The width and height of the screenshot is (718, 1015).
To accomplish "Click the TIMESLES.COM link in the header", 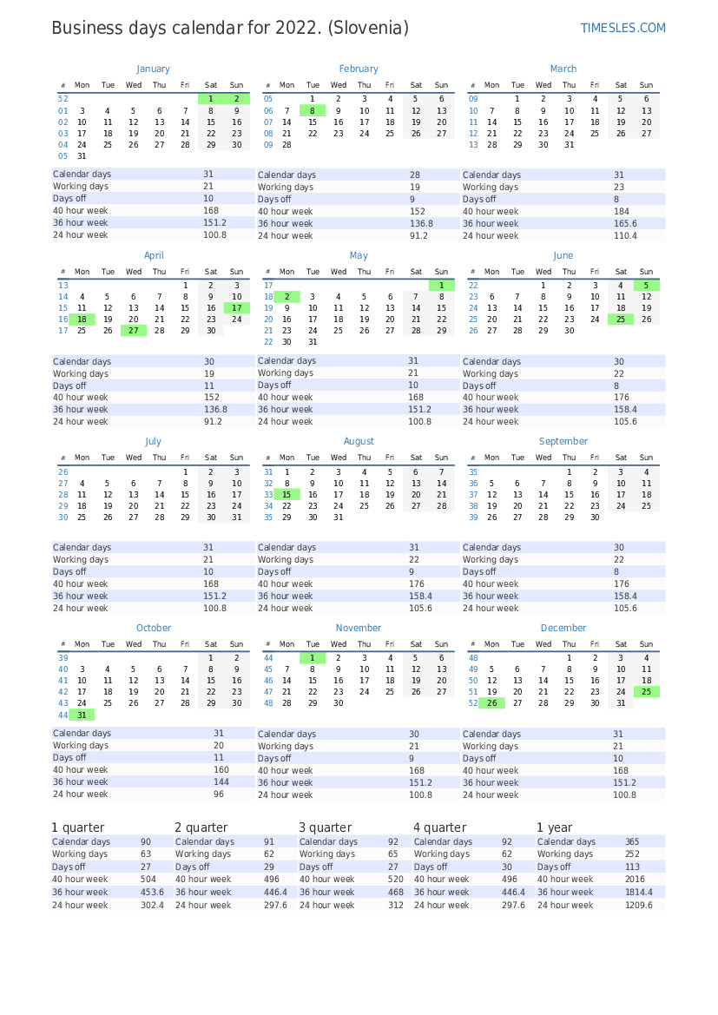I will point(622,28).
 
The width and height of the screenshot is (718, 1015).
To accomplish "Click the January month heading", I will point(153,69).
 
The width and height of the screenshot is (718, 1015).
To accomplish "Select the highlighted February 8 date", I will point(313,111).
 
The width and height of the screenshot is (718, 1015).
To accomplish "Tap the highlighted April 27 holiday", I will point(133,331).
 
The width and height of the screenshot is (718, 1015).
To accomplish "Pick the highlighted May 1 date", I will point(441,285).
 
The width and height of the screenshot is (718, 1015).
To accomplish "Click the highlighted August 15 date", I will point(287,495).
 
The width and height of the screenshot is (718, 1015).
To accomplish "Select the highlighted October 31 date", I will point(82,715).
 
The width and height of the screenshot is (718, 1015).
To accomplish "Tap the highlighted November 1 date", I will point(313,658).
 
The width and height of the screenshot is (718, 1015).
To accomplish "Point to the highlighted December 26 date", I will point(491,703).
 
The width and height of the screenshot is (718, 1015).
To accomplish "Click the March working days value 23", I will point(619,188).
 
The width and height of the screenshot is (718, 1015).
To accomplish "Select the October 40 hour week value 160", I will point(221,770).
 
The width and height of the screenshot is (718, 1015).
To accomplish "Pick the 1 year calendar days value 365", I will point(632,842).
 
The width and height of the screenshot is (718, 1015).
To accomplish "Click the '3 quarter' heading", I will point(326,827).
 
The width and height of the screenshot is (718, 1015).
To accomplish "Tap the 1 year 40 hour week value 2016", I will point(635,880).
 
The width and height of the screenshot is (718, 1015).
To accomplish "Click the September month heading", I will point(563,441).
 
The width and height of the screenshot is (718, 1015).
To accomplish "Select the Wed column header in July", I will point(134,458).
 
